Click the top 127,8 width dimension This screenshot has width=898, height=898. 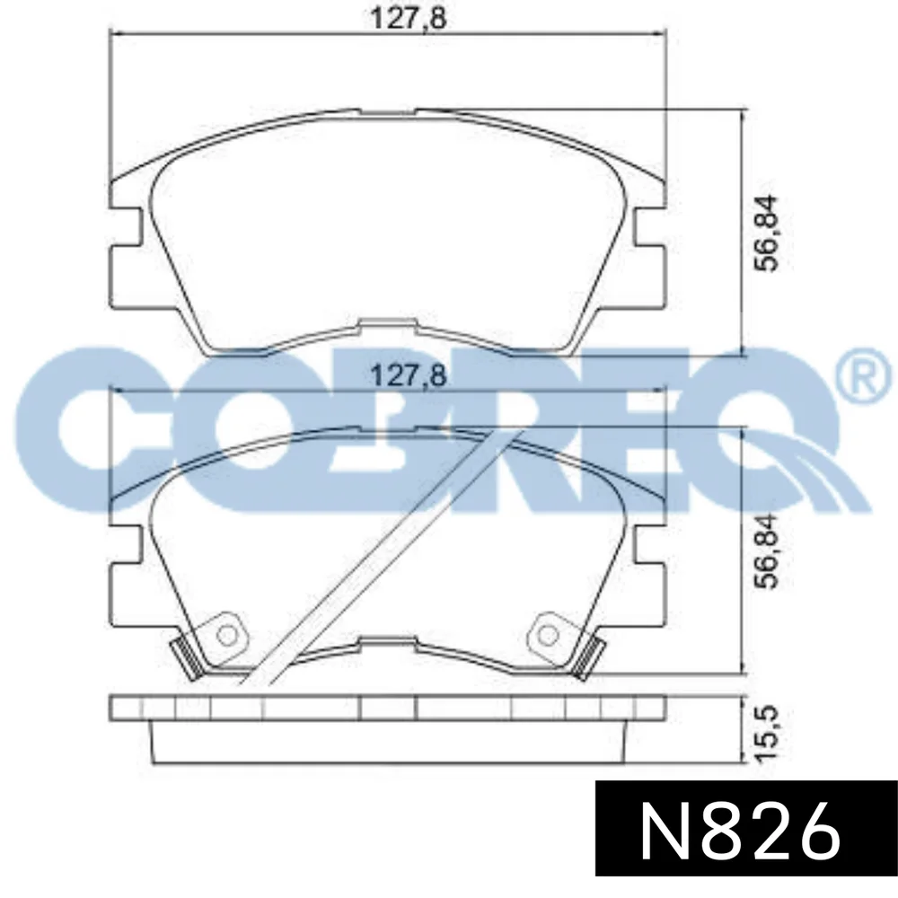click(x=408, y=18)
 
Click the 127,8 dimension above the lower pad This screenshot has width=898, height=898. click(x=408, y=376)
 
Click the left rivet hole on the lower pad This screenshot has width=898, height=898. click(x=227, y=635)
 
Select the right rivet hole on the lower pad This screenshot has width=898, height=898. click(x=548, y=635)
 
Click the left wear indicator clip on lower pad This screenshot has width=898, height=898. click(x=187, y=658)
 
